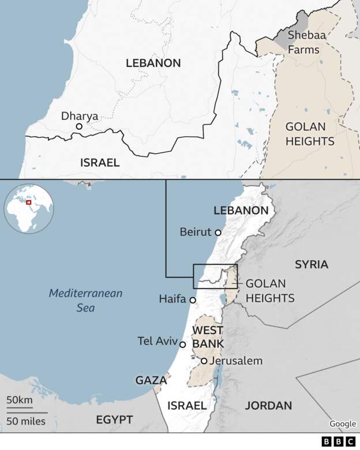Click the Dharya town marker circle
[79, 126]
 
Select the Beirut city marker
[218, 232]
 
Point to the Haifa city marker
[193, 300]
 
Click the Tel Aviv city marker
[183, 344]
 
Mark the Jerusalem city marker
[204, 361]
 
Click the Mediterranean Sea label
[85, 300]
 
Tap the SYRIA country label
[312, 265]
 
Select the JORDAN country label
[268, 406]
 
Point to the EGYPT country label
[115, 419]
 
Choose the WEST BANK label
[208, 337]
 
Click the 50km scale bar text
[20, 400]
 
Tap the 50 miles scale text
[27, 421]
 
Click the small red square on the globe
[28, 204]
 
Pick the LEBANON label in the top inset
[153, 63]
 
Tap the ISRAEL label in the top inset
[100, 163]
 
